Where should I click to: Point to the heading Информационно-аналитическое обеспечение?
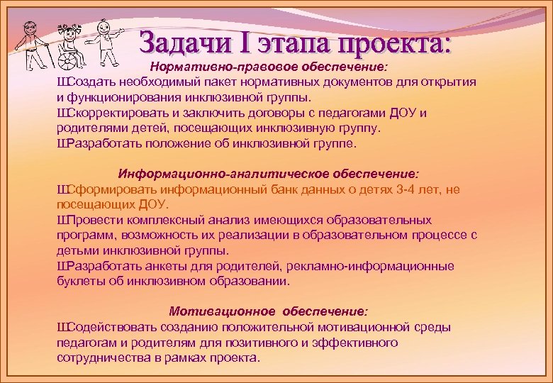269,173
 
